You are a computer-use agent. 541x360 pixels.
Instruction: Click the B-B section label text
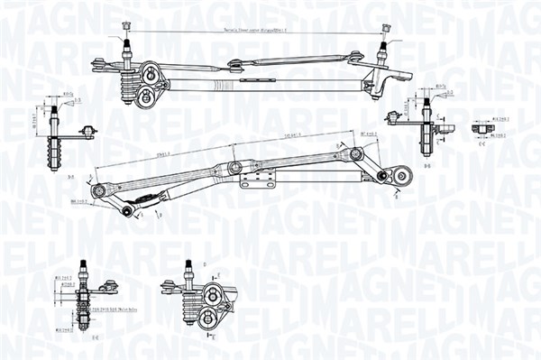pyautogui.click(x=426, y=166)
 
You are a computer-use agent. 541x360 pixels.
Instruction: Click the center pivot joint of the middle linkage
pyautogui.click(x=235, y=167)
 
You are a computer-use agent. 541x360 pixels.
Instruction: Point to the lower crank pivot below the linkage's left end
pyautogui.click(x=127, y=211)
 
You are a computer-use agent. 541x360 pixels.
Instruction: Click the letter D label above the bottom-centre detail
pyautogui.click(x=205, y=263)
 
